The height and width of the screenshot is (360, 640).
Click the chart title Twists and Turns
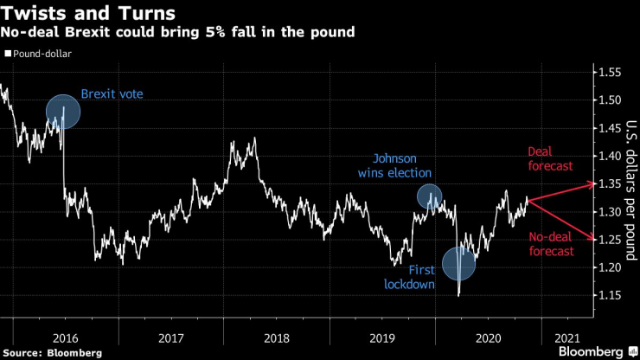pyautogui.click(x=89, y=14)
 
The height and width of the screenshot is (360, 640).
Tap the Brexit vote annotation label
pyautogui.click(x=112, y=93)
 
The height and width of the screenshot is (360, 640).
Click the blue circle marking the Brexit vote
pyautogui.click(x=63, y=112)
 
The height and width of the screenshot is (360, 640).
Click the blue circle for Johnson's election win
pyautogui.click(x=429, y=196)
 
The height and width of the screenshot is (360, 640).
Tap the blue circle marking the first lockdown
pyautogui.click(x=459, y=263)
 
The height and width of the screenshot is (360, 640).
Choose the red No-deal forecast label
pyautogui.click(x=552, y=243)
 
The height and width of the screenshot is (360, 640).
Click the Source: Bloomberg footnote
pyautogui.click(x=53, y=352)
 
